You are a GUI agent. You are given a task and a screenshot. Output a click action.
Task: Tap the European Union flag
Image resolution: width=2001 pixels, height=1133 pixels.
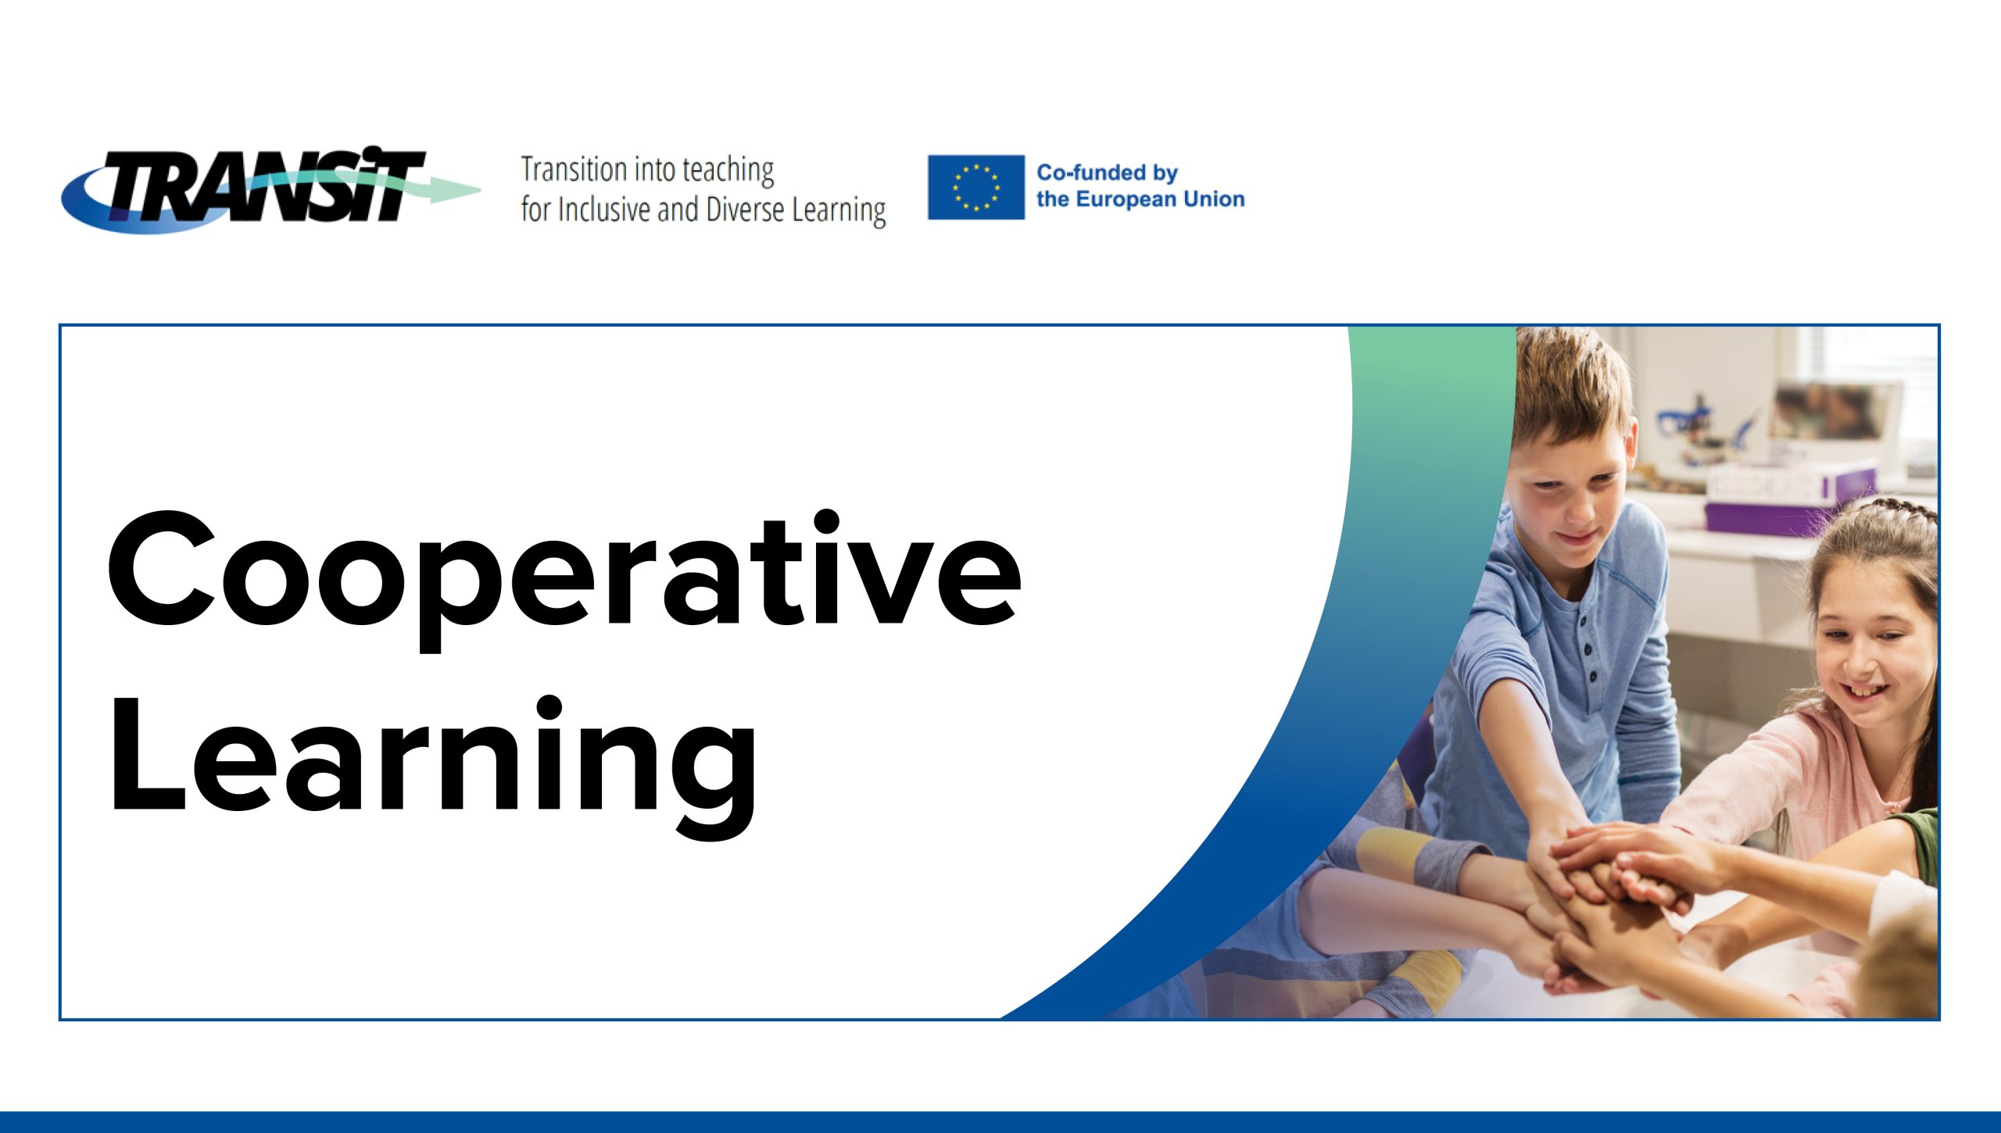975,188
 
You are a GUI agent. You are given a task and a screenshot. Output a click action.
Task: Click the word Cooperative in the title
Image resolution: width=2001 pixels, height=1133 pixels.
564,578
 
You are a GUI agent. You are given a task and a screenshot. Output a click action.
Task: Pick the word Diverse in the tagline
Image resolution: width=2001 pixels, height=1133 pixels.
745,210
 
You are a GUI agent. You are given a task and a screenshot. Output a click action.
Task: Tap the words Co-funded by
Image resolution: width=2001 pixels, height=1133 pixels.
1107,173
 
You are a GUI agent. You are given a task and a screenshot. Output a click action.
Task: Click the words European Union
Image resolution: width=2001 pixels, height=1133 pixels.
1160,199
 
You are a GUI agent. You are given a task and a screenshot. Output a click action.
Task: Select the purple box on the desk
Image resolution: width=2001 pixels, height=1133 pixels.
1790,500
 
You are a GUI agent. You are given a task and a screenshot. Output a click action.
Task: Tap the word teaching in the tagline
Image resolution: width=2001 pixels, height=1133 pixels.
728,171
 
